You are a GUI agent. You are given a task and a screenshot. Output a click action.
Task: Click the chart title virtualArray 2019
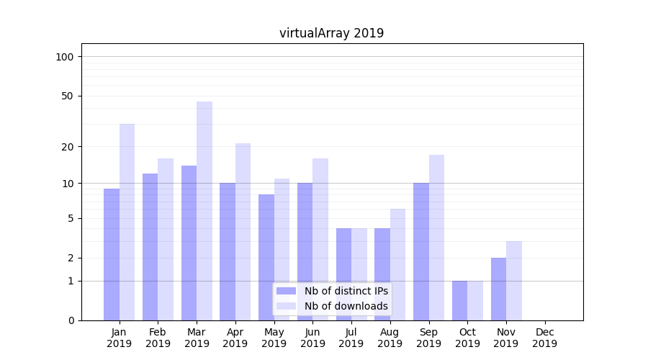[331, 33]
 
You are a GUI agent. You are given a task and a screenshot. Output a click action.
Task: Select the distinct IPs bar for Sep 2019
[421, 251]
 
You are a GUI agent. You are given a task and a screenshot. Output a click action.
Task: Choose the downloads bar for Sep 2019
[437, 238]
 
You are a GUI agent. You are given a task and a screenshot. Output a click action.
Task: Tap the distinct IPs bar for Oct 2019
[460, 300]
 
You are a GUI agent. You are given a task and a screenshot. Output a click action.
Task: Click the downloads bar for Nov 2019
[514, 281]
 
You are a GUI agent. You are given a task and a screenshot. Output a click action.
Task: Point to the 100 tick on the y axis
[65, 57]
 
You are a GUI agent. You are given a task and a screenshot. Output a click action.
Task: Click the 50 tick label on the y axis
[68, 96]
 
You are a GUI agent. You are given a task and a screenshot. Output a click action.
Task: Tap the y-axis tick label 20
[68, 146]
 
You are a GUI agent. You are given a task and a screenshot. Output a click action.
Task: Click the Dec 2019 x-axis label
[544, 338]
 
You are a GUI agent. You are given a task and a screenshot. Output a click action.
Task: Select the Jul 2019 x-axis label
[351, 338]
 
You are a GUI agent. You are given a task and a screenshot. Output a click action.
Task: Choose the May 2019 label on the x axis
[274, 338]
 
